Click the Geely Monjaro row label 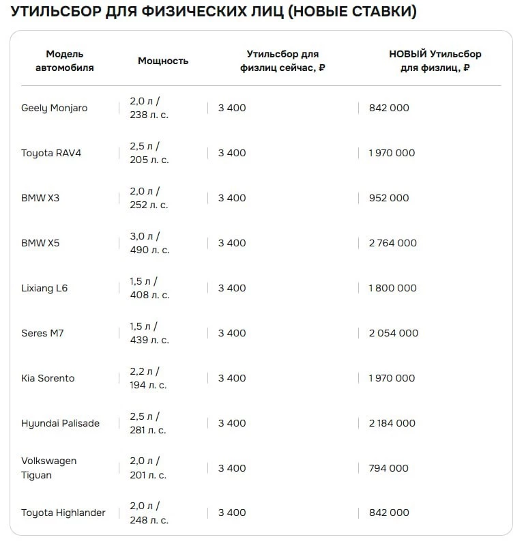[x=54, y=108]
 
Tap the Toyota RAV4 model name [x=51, y=153]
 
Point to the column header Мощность [x=163, y=61]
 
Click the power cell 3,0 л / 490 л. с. [x=149, y=243]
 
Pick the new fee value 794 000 [x=388, y=468]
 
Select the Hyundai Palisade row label [x=60, y=423]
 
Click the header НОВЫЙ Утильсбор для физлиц [x=435, y=61]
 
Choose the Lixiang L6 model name [x=44, y=288]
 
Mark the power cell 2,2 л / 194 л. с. [x=148, y=378]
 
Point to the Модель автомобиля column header [x=65, y=61]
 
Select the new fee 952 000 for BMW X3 [x=389, y=198]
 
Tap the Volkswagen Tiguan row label [x=49, y=468]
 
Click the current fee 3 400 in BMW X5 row [x=232, y=243]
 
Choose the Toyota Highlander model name [x=63, y=513]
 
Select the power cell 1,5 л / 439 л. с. [x=149, y=333]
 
